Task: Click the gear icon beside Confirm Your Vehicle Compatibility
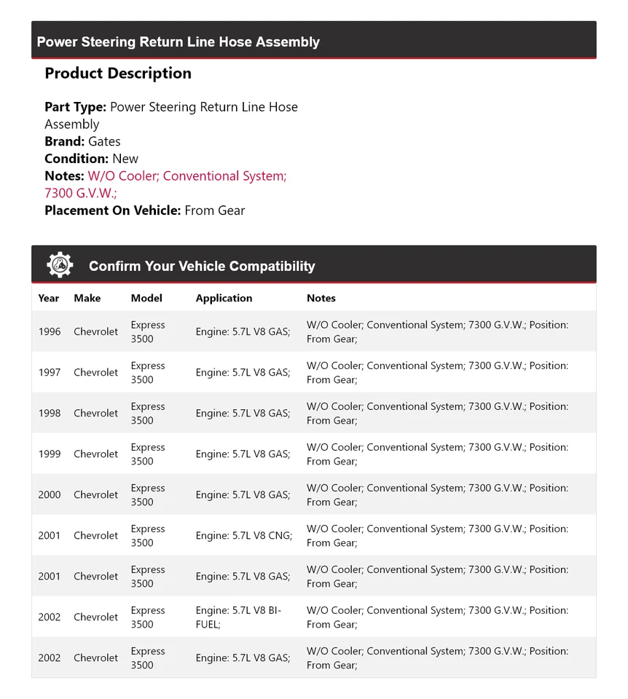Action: point(60,265)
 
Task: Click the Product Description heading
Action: point(118,74)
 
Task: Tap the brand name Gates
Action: point(104,141)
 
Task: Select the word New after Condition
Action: point(125,159)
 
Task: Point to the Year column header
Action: point(49,298)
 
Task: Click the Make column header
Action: point(87,298)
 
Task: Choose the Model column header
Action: point(146,298)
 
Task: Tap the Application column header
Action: point(224,298)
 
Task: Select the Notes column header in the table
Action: point(321,298)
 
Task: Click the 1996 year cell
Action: point(50,331)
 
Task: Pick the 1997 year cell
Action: point(50,372)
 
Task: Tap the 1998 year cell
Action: point(50,413)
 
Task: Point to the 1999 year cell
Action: point(50,454)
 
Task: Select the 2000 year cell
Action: point(50,494)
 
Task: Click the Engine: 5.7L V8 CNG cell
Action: point(243,535)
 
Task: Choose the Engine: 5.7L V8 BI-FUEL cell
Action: point(238,617)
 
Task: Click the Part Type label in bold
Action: point(76,107)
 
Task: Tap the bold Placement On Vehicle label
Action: point(113,210)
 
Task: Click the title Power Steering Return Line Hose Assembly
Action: point(178,42)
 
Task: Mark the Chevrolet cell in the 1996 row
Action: point(95,331)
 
